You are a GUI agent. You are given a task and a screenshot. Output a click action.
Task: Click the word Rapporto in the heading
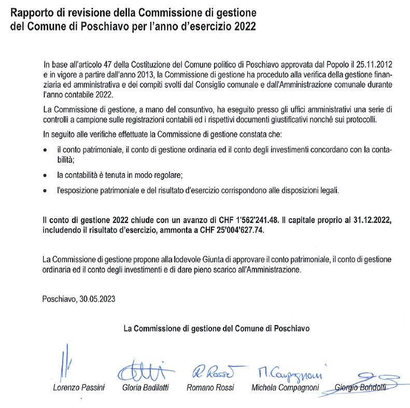tap(32, 12)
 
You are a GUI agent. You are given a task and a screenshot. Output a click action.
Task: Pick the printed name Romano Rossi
tap(210, 388)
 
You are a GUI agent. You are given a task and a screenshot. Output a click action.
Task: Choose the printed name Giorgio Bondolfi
tap(361, 388)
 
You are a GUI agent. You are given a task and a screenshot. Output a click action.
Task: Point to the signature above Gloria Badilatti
tap(141, 371)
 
